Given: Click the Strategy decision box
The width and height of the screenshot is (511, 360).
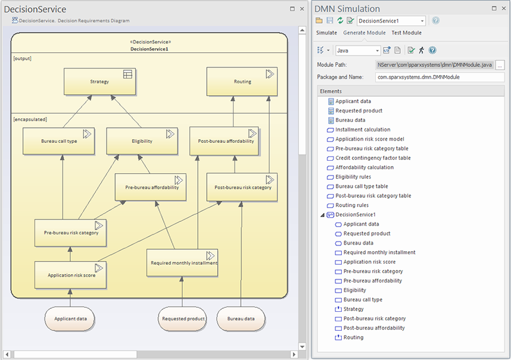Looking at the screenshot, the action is pyautogui.click(x=99, y=82).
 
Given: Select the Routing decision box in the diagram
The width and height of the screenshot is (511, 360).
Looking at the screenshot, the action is pyautogui.click(x=242, y=82).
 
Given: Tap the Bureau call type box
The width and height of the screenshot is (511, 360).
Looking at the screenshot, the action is pyautogui.click(x=58, y=141).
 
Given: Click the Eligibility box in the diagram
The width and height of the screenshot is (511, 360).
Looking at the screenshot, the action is pyautogui.click(x=142, y=141).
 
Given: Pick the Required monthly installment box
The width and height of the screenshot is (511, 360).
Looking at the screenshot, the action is pyautogui.click(x=182, y=263).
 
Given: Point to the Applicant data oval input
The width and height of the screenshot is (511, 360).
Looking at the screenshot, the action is pyautogui.click(x=70, y=319).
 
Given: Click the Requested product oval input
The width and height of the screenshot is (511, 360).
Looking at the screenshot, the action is pyautogui.click(x=183, y=319).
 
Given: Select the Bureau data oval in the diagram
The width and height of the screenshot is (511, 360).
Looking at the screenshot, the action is pyautogui.click(x=241, y=319).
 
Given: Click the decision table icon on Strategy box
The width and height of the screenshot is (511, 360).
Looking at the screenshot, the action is pyautogui.click(x=127, y=74).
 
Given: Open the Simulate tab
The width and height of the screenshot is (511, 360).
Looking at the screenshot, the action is pyautogui.click(x=326, y=33).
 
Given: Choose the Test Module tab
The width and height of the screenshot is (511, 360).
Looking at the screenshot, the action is pyautogui.click(x=406, y=33).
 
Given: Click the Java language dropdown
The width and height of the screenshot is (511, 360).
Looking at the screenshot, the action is pyautogui.click(x=358, y=51).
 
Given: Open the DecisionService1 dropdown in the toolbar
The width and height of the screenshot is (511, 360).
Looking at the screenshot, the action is pyautogui.click(x=391, y=21).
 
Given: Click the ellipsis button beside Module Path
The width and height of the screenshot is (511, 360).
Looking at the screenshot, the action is pyautogui.click(x=500, y=65).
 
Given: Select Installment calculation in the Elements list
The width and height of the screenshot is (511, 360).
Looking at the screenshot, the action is pyautogui.click(x=363, y=130).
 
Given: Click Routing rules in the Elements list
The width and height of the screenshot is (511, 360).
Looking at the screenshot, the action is pyautogui.click(x=352, y=205).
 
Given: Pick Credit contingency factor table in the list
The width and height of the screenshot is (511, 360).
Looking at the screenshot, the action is pyautogui.click(x=373, y=158).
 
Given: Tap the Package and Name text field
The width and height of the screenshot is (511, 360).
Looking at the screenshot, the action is pyautogui.click(x=440, y=77).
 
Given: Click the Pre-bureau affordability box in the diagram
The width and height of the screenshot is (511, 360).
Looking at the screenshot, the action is pyautogui.click(x=151, y=187).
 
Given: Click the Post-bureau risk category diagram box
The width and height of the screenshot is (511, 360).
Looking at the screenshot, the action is pyautogui.click(x=242, y=187).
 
